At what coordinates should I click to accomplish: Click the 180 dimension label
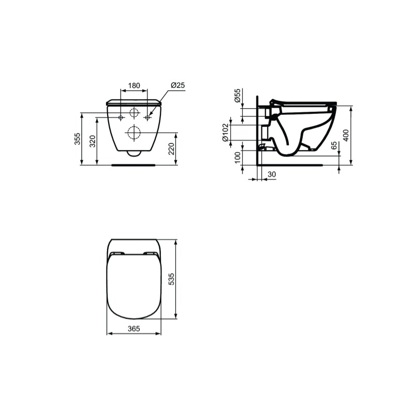[x=134, y=85]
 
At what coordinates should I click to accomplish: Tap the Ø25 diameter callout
[x=178, y=85]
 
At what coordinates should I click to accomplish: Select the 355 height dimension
[x=77, y=139]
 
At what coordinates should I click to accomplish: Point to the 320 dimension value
[x=93, y=141]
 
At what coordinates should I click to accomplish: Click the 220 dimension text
[x=172, y=149]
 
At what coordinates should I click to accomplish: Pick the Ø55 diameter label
[x=238, y=95]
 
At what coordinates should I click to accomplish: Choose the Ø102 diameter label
[x=225, y=132]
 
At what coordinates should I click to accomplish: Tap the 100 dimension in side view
[x=238, y=158]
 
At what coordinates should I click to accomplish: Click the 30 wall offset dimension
[x=271, y=174]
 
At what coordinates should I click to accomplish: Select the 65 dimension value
[x=334, y=145]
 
